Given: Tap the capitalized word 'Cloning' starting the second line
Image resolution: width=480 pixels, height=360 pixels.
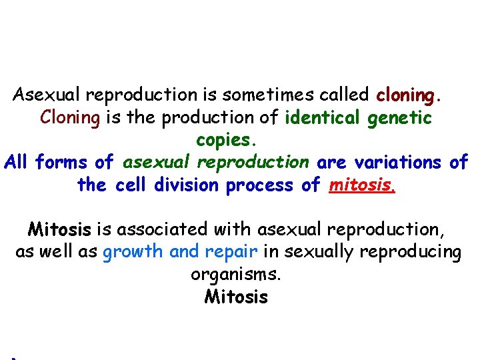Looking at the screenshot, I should [x=69, y=118].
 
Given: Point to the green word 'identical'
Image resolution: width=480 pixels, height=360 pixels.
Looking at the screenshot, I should [x=323, y=118].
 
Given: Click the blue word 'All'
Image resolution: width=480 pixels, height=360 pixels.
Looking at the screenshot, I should [x=17, y=162].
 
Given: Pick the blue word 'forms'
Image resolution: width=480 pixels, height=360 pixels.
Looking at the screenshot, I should [x=63, y=162].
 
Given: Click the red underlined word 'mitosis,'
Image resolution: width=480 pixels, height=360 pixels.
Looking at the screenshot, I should [x=363, y=185].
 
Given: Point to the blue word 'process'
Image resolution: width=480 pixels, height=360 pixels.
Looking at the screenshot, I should [x=257, y=185].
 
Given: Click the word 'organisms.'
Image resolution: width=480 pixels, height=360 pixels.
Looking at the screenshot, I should [x=236, y=275].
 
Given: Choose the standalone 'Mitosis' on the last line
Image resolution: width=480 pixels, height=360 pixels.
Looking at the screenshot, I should [x=236, y=297].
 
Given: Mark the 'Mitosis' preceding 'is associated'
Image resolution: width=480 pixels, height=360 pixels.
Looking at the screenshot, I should [x=59, y=230].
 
